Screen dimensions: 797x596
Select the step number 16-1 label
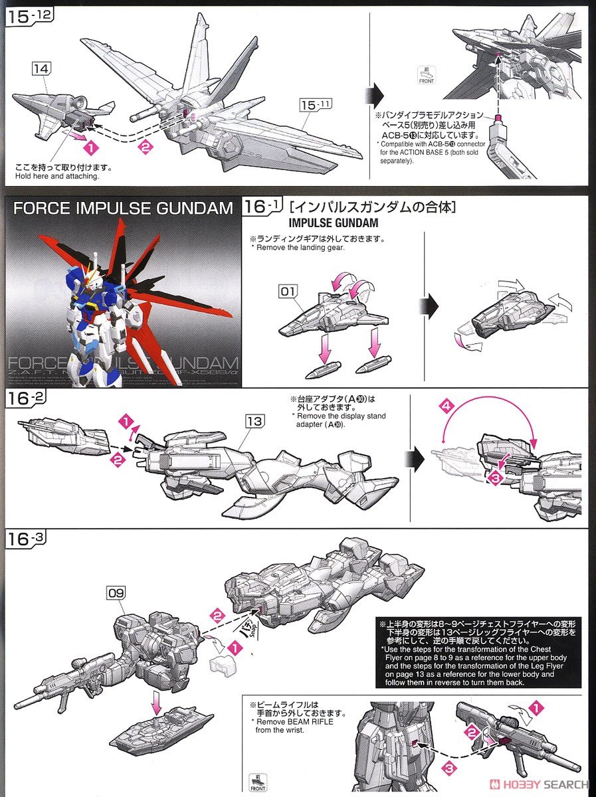pyautogui.click(x=262, y=207)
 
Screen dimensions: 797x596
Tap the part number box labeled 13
pyautogui.click(x=254, y=421)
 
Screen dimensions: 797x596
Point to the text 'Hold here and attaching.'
pyautogui.click(x=57, y=177)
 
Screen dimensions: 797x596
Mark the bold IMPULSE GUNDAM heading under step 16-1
pyautogui.click(x=334, y=223)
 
